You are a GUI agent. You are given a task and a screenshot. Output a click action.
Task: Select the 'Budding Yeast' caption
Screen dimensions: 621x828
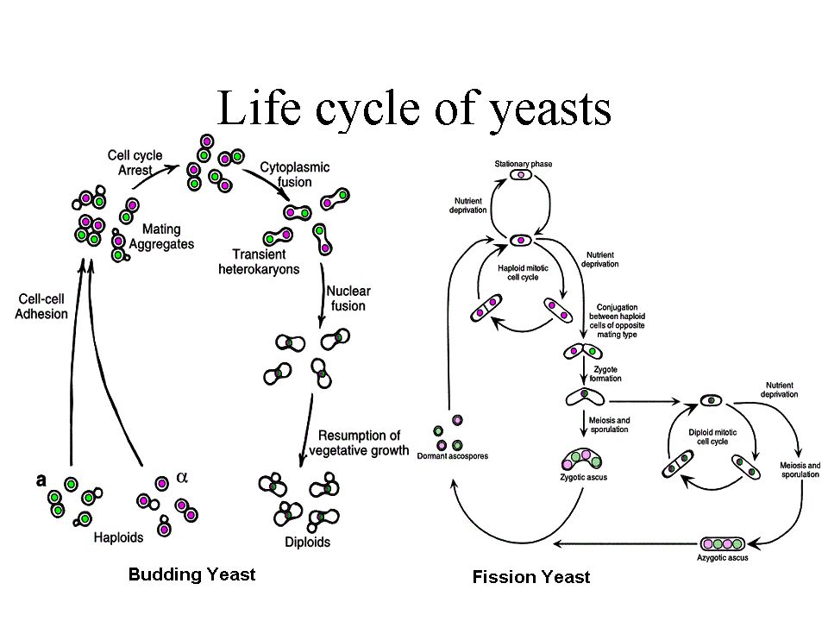[191, 574]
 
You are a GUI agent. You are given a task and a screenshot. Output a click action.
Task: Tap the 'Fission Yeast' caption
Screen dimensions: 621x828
[531, 576]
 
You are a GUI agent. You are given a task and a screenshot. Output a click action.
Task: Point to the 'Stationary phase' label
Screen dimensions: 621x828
[523, 164]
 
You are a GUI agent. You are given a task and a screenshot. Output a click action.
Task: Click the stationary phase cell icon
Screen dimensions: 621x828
[521, 175]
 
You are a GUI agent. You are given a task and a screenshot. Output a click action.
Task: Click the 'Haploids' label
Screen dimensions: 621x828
[118, 536]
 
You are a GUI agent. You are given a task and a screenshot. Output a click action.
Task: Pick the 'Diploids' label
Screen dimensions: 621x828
[306, 543]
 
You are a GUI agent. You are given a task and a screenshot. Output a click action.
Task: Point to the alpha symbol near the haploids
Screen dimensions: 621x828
[182, 476]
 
